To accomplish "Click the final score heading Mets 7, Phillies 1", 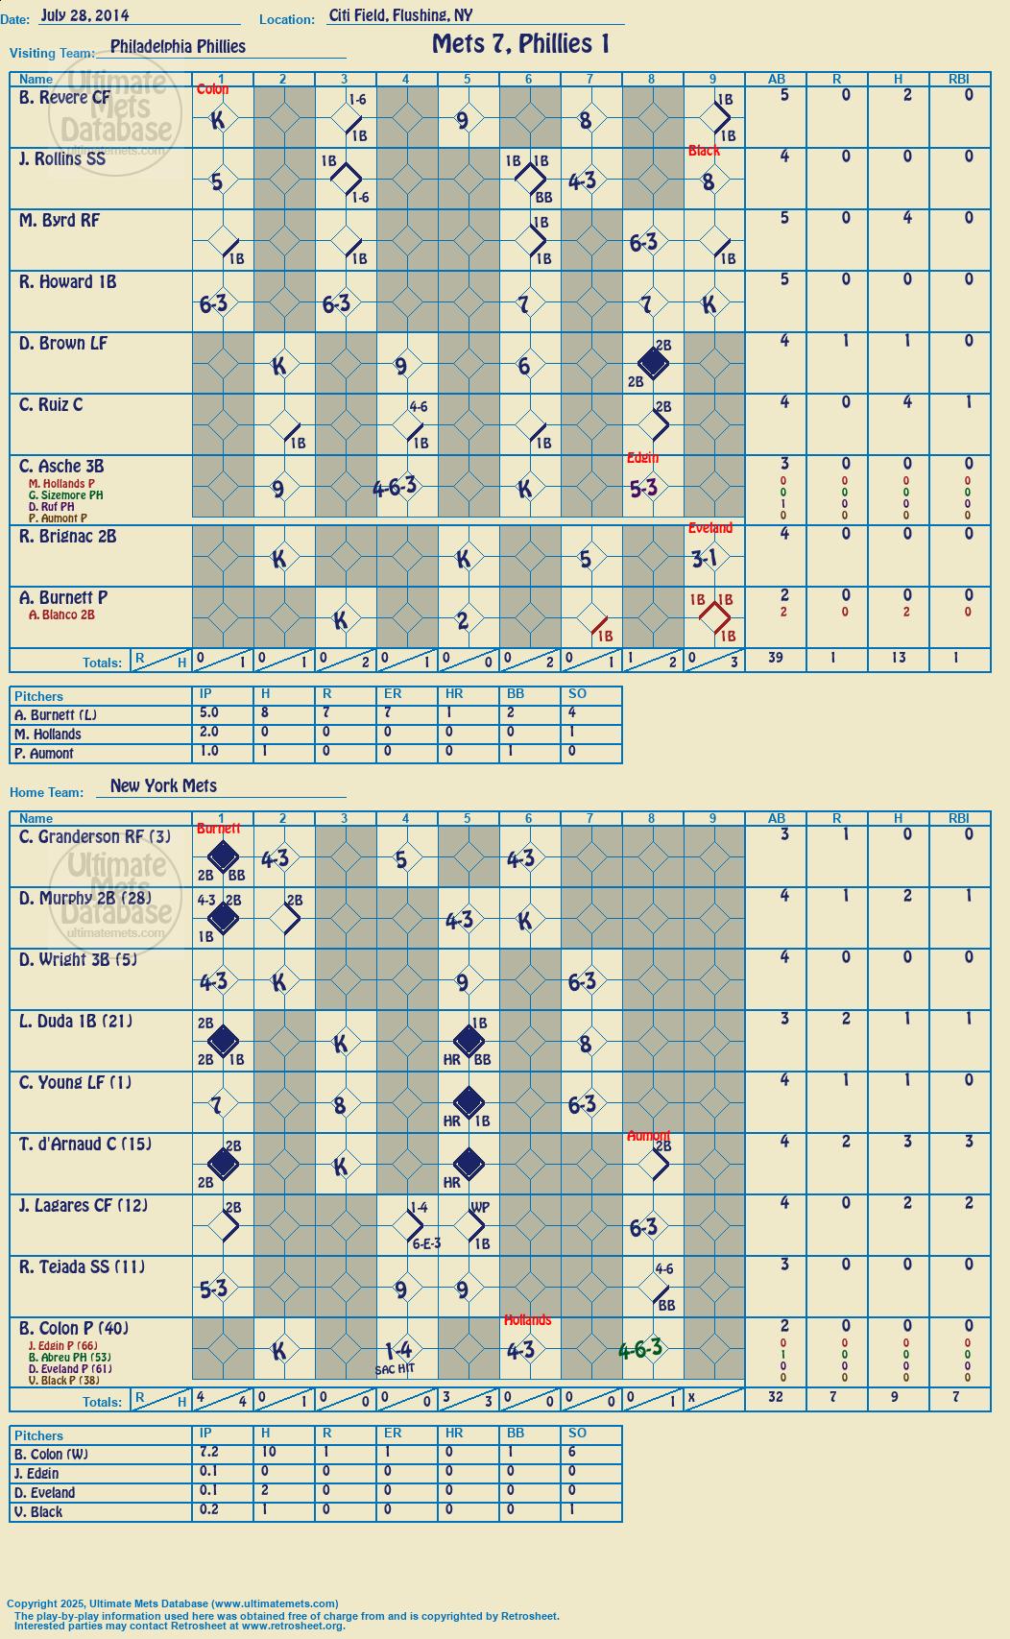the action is point(520,44).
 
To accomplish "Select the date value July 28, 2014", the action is point(84,14).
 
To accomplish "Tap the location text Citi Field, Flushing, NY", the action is point(400,15).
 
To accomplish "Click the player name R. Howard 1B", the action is point(67,281).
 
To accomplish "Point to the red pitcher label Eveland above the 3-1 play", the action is point(709,527).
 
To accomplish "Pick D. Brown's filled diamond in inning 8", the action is point(652,363).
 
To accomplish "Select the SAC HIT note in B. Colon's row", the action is point(395,1369).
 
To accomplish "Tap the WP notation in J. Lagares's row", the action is point(479,1207).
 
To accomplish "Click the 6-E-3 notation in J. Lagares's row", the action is point(426,1243).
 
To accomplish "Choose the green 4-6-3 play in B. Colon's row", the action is point(640,1348).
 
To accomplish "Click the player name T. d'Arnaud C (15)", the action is point(84,1144).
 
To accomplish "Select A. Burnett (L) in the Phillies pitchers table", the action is point(56,715).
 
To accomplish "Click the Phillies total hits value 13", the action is point(898,657).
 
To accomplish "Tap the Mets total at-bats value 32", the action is point(776,1396).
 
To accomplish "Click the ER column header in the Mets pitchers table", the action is point(393,1433).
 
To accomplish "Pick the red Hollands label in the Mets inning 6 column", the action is point(528,1320).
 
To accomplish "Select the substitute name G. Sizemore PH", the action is point(66,494).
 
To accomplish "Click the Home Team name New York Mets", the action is point(163,785).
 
